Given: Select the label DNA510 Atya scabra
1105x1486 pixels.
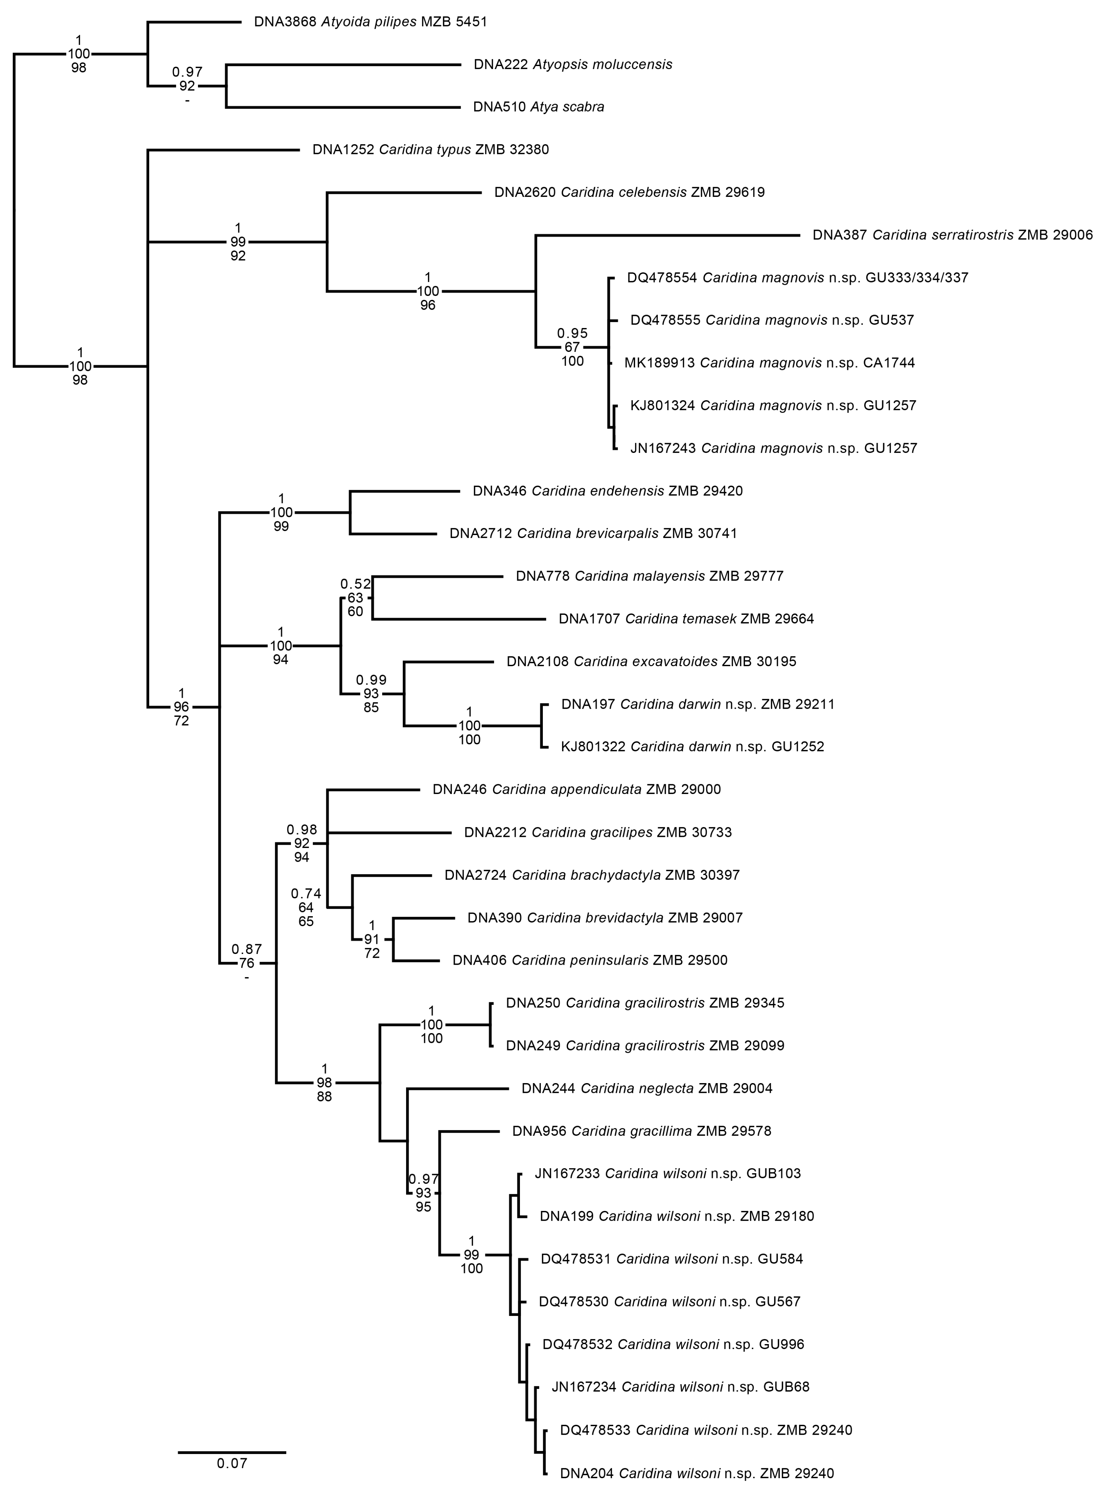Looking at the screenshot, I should click(x=539, y=107).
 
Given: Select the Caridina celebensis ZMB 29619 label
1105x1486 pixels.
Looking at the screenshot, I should click(x=630, y=193).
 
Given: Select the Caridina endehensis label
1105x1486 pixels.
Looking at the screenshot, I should click(x=607, y=491).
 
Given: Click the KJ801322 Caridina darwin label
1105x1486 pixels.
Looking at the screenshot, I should click(x=692, y=747).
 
